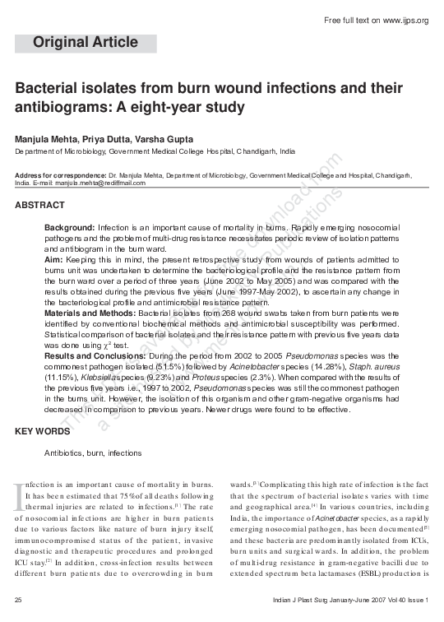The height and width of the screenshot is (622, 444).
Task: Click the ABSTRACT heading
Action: click(x=40, y=204)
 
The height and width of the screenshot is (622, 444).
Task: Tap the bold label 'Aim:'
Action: click(x=53, y=258)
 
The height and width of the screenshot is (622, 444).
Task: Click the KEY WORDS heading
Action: click(x=43, y=431)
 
